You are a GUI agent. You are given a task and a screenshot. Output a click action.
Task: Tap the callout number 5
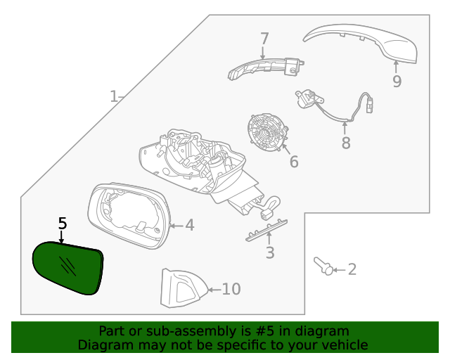click(62, 224)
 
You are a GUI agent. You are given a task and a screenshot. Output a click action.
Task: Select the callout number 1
click(114, 96)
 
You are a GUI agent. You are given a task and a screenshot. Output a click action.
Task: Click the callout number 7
click(264, 38)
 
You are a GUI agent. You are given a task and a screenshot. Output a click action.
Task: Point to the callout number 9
click(397, 82)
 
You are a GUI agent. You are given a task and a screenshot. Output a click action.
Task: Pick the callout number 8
click(345, 143)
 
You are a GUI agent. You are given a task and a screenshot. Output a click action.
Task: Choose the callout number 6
click(293, 162)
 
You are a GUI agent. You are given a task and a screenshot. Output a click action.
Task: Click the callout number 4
click(189, 225)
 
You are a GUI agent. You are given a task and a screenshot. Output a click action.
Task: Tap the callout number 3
click(270, 253)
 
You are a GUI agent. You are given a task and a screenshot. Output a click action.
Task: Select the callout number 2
click(352, 269)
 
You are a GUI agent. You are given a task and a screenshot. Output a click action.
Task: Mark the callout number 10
click(231, 289)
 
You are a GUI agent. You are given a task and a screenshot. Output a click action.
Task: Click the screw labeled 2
click(323, 266)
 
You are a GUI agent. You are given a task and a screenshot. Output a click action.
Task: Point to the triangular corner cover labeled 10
click(181, 288)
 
